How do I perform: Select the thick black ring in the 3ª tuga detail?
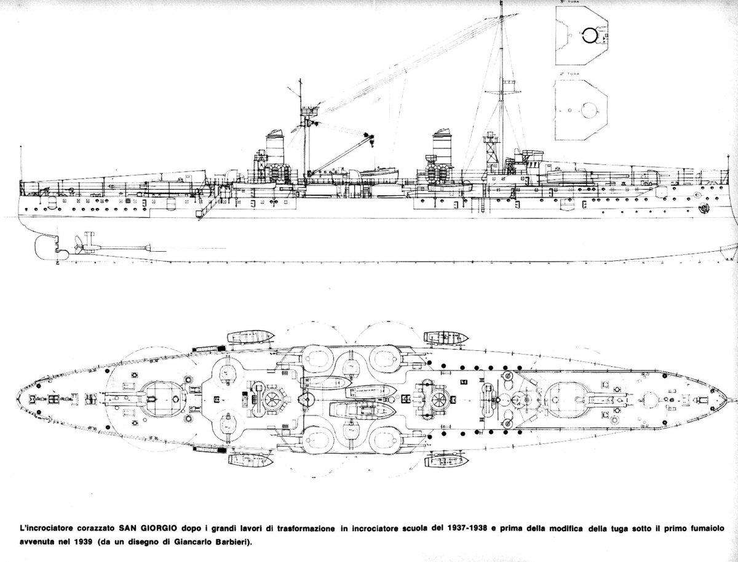point(589,36)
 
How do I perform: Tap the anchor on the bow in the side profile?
point(702,209)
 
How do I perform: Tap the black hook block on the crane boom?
point(367,135)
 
